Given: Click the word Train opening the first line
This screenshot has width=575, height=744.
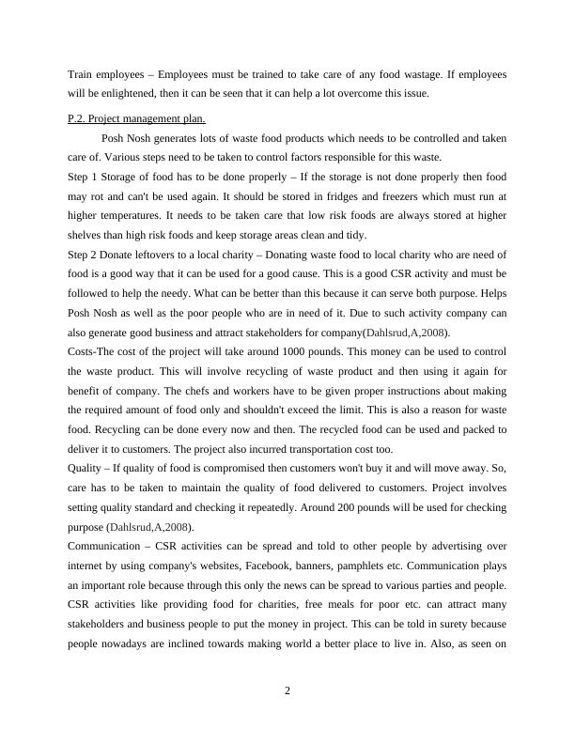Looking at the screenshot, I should (x=80, y=73).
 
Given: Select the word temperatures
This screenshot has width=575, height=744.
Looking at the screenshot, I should (x=125, y=216).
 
